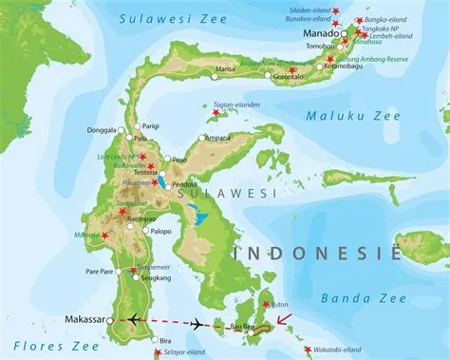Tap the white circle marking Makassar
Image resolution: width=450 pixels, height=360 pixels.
(111, 321)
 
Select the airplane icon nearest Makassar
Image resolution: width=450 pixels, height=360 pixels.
(133, 319)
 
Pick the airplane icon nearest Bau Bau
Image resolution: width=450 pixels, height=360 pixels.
(197, 325)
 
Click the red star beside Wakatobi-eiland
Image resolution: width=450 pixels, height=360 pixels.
(307, 351)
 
